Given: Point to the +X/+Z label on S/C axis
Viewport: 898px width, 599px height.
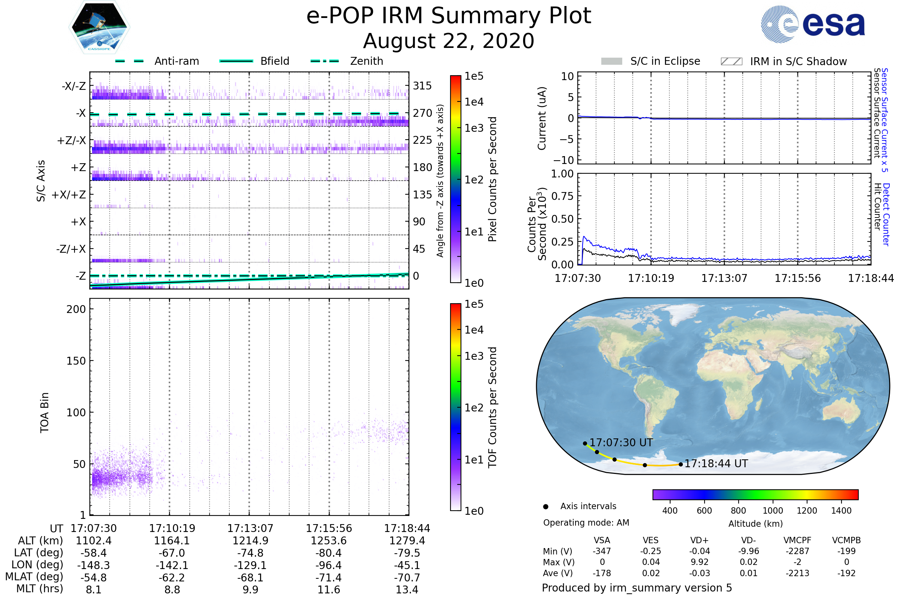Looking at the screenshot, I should pyautogui.click(x=69, y=195).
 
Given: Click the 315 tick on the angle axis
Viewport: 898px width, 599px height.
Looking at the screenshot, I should pyautogui.click(x=422, y=86).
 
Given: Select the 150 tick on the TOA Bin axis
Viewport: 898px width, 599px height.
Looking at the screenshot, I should pyautogui.click(x=76, y=361).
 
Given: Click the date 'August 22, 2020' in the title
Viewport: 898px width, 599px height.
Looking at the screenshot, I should pyautogui.click(x=449, y=41).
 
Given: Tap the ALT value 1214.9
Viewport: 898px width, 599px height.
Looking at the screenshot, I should pyautogui.click(x=250, y=541).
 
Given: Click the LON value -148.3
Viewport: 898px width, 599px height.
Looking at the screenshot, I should pyautogui.click(x=94, y=565).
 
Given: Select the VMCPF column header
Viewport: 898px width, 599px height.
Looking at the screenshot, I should pyautogui.click(x=797, y=541).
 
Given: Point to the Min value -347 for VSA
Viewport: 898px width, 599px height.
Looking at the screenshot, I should pyautogui.click(x=602, y=551).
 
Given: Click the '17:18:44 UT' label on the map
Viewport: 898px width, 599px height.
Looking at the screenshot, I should pyautogui.click(x=716, y=464).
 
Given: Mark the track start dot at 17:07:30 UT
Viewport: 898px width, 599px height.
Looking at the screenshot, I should pyautogui.click(x=585, y=444).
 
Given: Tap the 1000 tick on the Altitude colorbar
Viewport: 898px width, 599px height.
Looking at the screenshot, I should pyautogui.click(x=773, y=511).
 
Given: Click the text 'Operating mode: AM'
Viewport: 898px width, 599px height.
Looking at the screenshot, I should pyautogui.click(x=586, y=523).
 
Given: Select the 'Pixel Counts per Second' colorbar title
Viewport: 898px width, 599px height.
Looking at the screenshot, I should pyautogui.click(x=492, y=179).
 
